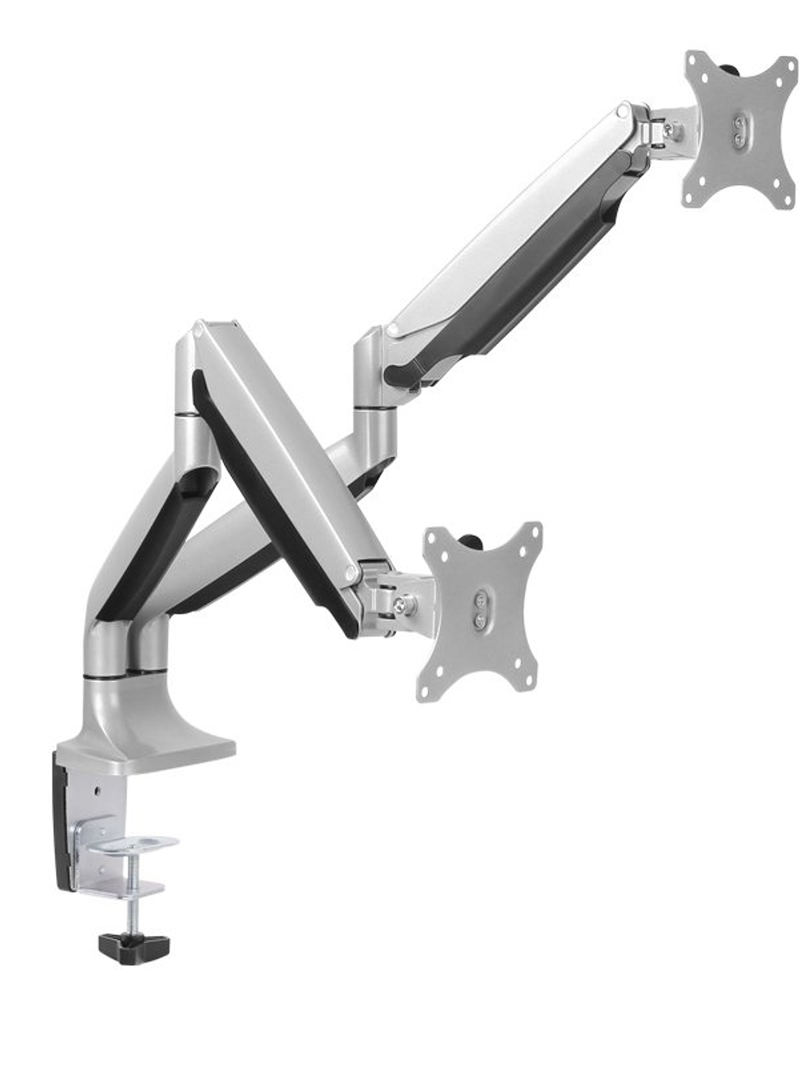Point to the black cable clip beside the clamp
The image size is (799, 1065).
point(62,820)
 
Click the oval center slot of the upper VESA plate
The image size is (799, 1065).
point(739,131)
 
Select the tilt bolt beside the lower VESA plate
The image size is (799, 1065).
point(402,605)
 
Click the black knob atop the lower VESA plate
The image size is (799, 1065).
point(474,540)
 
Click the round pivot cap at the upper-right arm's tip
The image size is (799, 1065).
point(623,111)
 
